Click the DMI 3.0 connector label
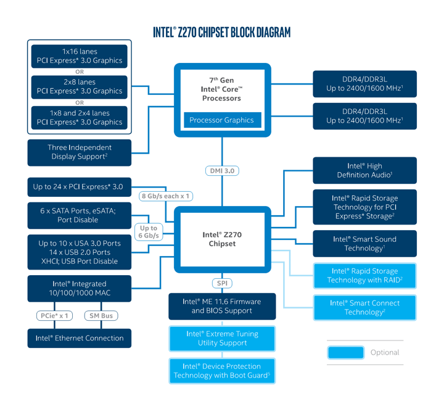[x=222, y=171]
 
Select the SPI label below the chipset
[x=222, y=283]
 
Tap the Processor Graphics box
[x=222, y=120]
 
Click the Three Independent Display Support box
[x=80, y=152]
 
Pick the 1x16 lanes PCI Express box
[x=80, y=56]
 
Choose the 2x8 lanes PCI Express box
[x=80, y=86]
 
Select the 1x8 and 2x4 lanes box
[x=80, y=117]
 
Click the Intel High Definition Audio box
[x=364, y=170]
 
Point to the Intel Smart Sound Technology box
[x=364, y=244]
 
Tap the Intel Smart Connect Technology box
[x=364, y=307]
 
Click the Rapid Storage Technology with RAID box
[x=364, y=276]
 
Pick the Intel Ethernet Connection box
[x=80, y=338]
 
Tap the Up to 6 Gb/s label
[x=148, y=232]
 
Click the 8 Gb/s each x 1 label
[x=166, y=196]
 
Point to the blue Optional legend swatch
[x=345, y=352]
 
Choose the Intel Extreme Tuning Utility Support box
[x=222, y=338]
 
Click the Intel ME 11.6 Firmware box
[x=222, y=306]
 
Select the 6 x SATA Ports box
[x=80, y=215]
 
